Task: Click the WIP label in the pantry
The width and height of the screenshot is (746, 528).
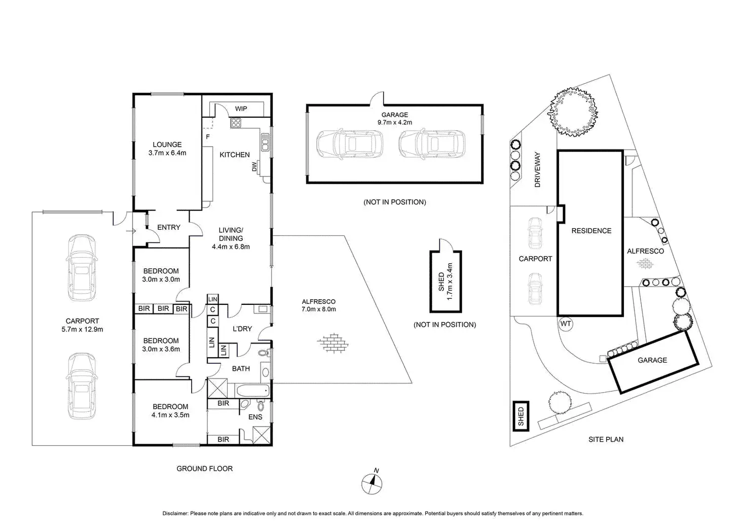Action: (241, 109)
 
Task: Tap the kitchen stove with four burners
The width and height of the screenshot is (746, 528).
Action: (236, 122)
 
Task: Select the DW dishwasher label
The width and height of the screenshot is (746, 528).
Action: (254, 166)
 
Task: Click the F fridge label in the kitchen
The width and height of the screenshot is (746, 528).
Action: (207, 137)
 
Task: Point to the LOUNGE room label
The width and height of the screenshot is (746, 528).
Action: (167, 145)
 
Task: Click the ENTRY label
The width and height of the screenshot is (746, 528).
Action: (169, 227)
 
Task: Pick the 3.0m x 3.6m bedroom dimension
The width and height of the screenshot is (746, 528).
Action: (162, 349)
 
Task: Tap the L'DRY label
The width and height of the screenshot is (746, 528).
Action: (242, 329)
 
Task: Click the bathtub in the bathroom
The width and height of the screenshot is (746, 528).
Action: (252, 391)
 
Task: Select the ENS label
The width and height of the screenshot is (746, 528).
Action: (255, 417)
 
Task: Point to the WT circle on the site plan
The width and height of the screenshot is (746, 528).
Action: (566, 324)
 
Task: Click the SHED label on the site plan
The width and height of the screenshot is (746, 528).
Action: (520, 416)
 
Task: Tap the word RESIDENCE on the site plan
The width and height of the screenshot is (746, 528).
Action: (591, 231)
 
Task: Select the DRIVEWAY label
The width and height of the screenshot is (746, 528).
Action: (538, 170)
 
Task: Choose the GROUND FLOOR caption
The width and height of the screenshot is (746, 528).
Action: (205, 469)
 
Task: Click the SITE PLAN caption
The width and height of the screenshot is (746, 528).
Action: (606, 439)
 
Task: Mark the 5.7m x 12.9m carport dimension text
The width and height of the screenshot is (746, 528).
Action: (82, 329)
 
